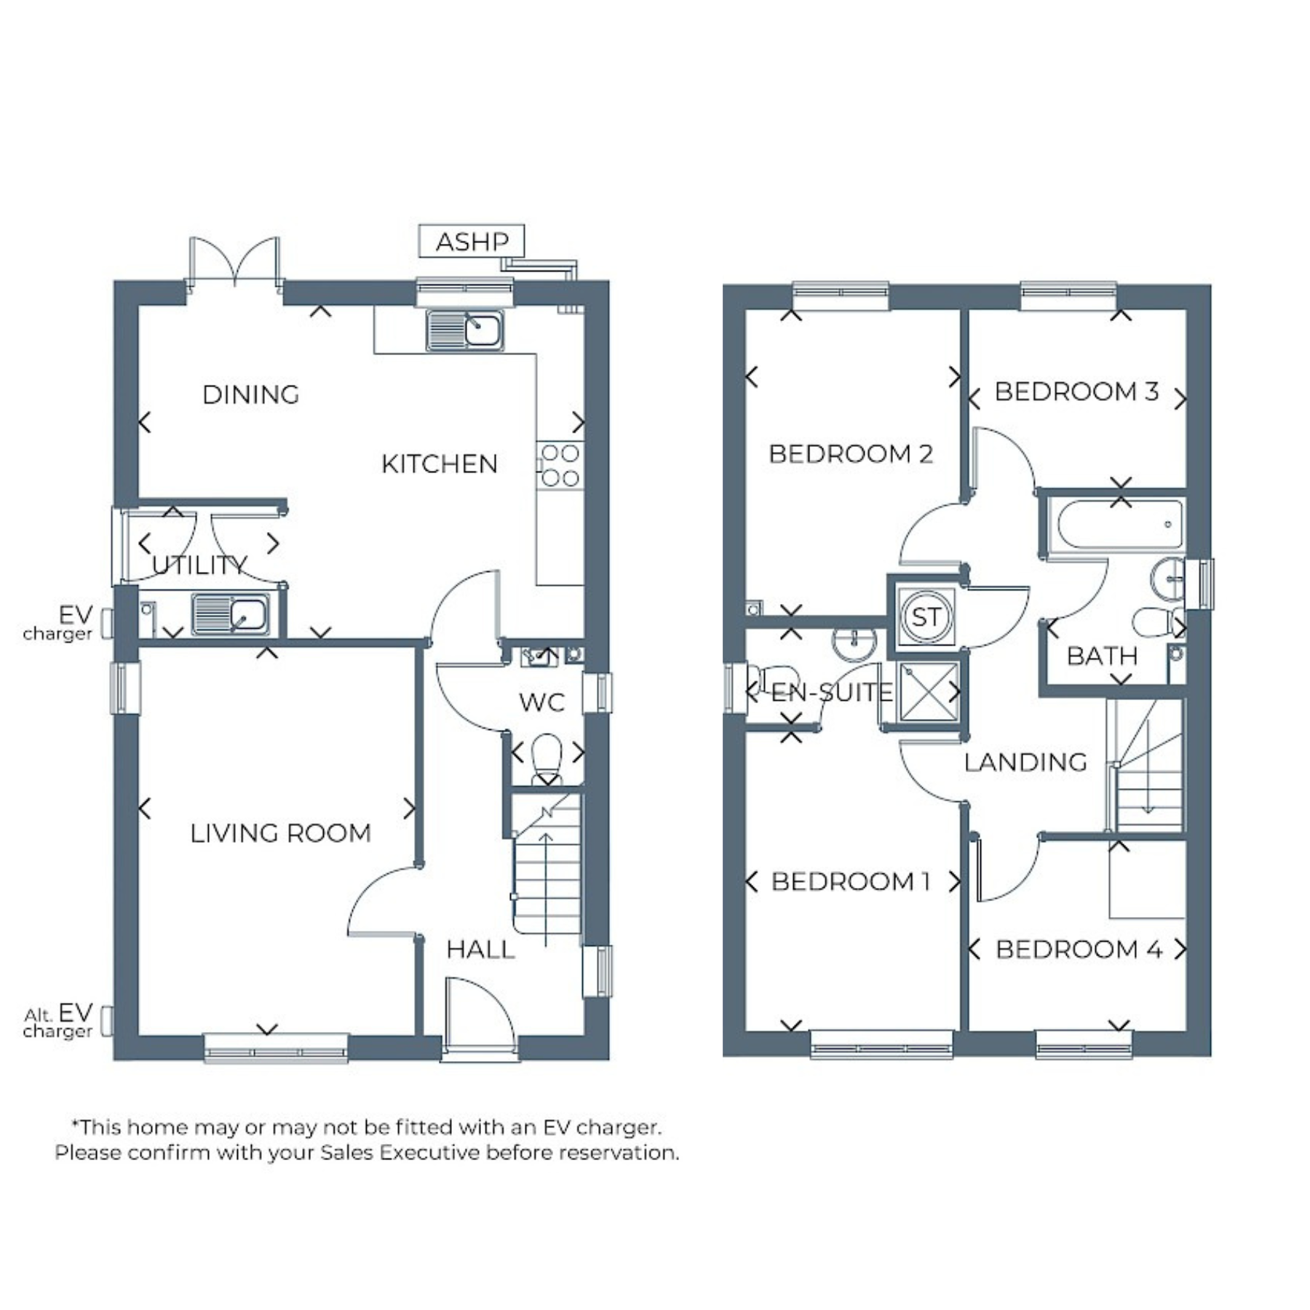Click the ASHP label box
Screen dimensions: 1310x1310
[x=472, y=241]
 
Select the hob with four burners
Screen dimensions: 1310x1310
[x=560, y=465]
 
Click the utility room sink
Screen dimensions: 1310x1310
[x=230, y=614]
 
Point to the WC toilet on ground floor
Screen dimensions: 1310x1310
[x=547, y=759]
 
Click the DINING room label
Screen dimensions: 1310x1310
[x=251, y=395]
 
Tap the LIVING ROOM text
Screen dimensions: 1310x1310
[x=281, y=833]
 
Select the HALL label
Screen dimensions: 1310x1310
[x=480, y=950]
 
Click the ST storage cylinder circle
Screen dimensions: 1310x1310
[x=926, y=616]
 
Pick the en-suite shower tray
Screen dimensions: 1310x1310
[x=928, y=692]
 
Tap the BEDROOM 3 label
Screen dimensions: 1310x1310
[x=1076, y=392]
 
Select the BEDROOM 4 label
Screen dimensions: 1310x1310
[x=1079, y=950]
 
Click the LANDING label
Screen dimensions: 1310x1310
[x=1025, y=763]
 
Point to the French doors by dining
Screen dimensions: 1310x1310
[x=234, y=262]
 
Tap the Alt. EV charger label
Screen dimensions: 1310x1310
[x=58, y=1021]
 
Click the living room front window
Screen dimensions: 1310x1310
[x=275, y=1047]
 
